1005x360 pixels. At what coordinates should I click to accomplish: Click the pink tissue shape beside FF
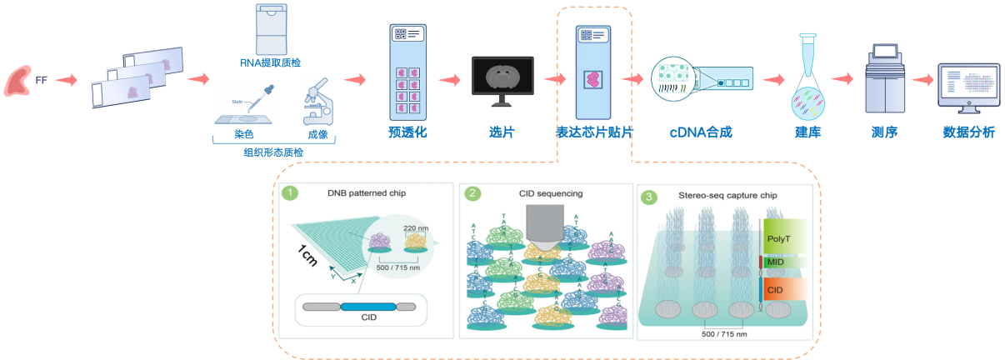coord(18,82)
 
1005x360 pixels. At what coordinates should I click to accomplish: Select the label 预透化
coord(407,131)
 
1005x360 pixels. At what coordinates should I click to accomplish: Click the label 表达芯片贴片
coord(595,132)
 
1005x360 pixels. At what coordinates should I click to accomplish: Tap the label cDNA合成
coord(702,132)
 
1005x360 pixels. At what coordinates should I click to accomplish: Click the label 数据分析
coord(967,132)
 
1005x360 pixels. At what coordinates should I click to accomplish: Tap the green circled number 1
coord(290,193)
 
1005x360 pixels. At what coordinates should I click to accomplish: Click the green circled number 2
coord(472,193)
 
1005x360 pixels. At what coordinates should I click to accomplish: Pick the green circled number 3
coord(649,197)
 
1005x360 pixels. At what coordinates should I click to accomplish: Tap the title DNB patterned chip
coord(360,193)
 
